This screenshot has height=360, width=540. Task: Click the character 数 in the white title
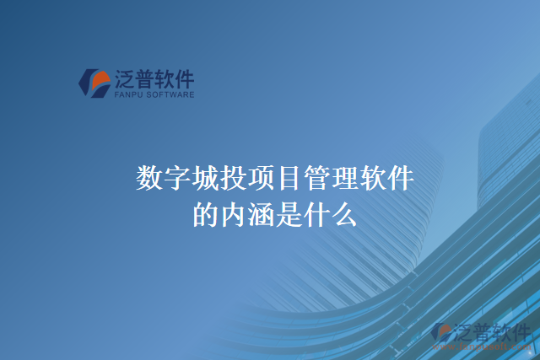(x=148, y=180)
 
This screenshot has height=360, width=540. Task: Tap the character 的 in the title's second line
(x=204, y=215)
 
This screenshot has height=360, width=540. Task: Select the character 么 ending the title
(x=344, y=215)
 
